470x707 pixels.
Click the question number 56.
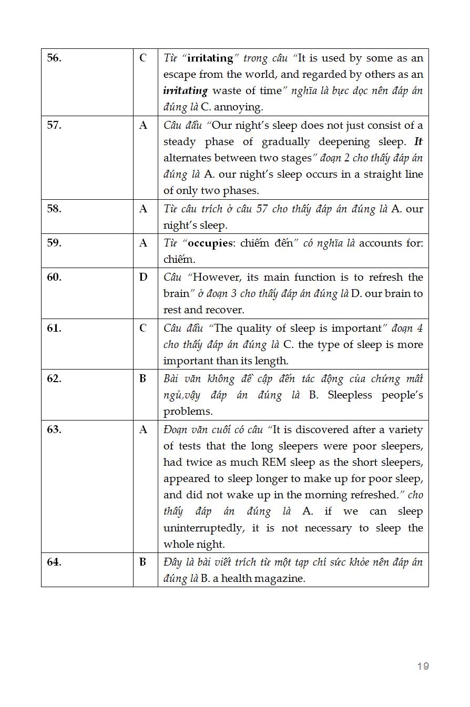tap(54, 58)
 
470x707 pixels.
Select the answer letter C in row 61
tap(143, 329)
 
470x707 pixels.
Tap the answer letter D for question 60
tap(143, 277)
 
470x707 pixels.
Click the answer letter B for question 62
tap(143, 378)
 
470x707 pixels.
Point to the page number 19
tap(423, 666)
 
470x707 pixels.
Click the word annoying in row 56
tap(239, 107)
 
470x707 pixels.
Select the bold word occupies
tap(210, 243)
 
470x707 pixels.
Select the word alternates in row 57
tap(188, 158)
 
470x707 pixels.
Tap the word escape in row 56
tap(180, 75)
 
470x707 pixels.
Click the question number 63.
tap(54, 429)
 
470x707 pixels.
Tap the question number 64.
tap(54, 562)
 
